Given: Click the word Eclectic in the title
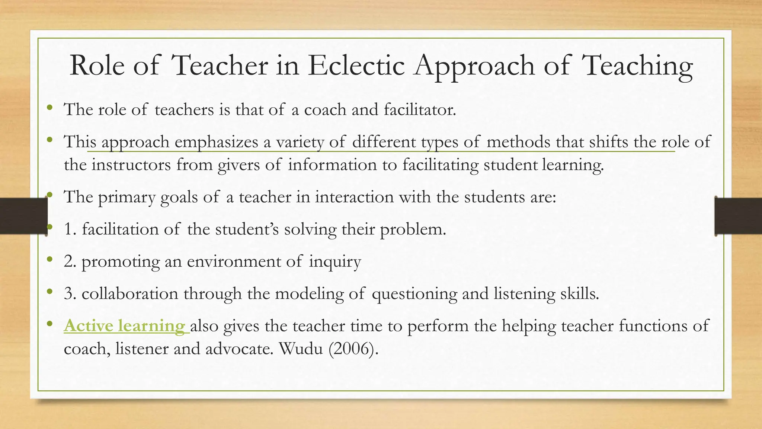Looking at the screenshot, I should coord(356,66).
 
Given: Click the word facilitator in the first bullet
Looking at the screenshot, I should coord(420,109).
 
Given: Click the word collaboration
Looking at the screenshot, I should coord(130,294).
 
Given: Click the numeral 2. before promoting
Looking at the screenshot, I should coord(70,261).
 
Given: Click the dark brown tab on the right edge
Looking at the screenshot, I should coord(738,216).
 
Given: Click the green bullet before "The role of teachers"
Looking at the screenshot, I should coord(49,109).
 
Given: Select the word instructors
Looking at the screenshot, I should coord(131,165).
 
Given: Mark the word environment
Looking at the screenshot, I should coord(234,261).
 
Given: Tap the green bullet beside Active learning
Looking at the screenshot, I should coord(49,325).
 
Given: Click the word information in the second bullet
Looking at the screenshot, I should coord(332,165).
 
